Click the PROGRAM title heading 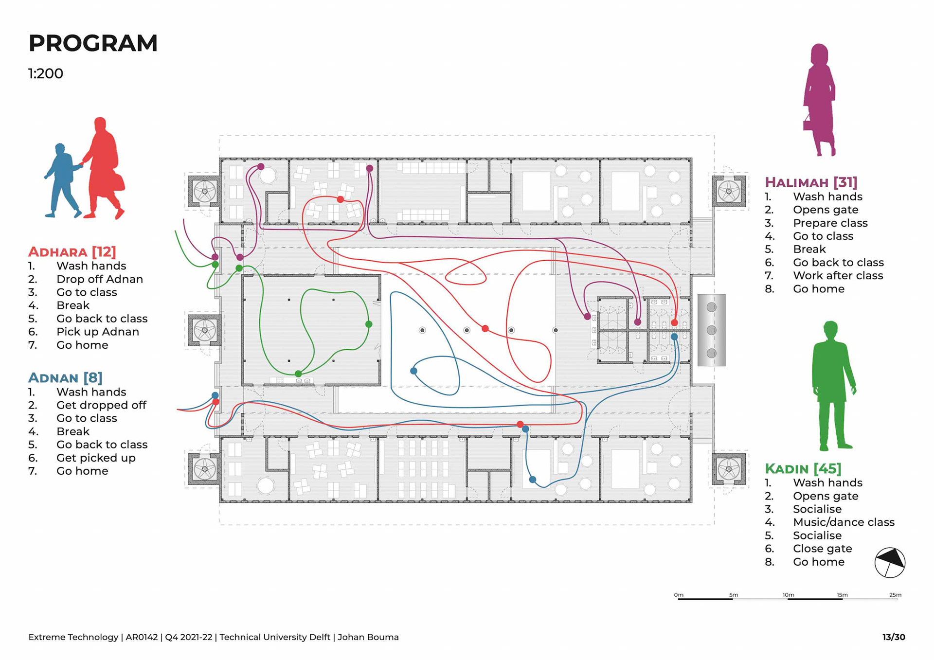[93, 43]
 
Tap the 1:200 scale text [46, 73]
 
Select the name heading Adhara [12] [72, 251]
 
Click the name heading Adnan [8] [65, 377]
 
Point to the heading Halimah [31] [811, 182]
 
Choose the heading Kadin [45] [803, 468]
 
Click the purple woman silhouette [819, 100]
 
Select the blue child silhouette [63, 180]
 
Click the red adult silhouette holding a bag [104, 168]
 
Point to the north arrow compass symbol [890, 563]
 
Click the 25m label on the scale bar [895, 595]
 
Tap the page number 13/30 [894, 637]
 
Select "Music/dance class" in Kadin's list [844, 522]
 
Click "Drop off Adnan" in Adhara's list [100, 279]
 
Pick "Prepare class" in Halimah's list [830, 223]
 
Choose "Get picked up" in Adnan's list [96, 458]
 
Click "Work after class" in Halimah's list [838, 275]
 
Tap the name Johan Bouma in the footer [368, 637]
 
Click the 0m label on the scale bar [679, 595]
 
